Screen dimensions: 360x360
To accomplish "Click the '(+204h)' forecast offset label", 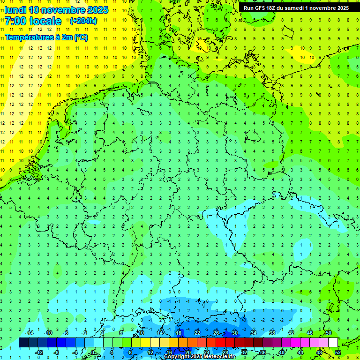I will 83,21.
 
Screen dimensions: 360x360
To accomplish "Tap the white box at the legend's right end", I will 333,343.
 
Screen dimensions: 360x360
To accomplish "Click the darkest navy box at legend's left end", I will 23,343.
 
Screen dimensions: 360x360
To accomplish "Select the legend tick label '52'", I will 338,352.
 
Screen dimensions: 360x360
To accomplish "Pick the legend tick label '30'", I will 235,333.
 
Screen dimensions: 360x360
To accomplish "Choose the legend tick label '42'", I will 291,333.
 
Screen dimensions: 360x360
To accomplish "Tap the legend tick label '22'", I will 197,333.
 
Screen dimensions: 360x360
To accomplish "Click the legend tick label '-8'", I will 57,352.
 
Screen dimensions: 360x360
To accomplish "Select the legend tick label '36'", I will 263,352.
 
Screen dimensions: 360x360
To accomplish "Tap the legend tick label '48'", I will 319,352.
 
